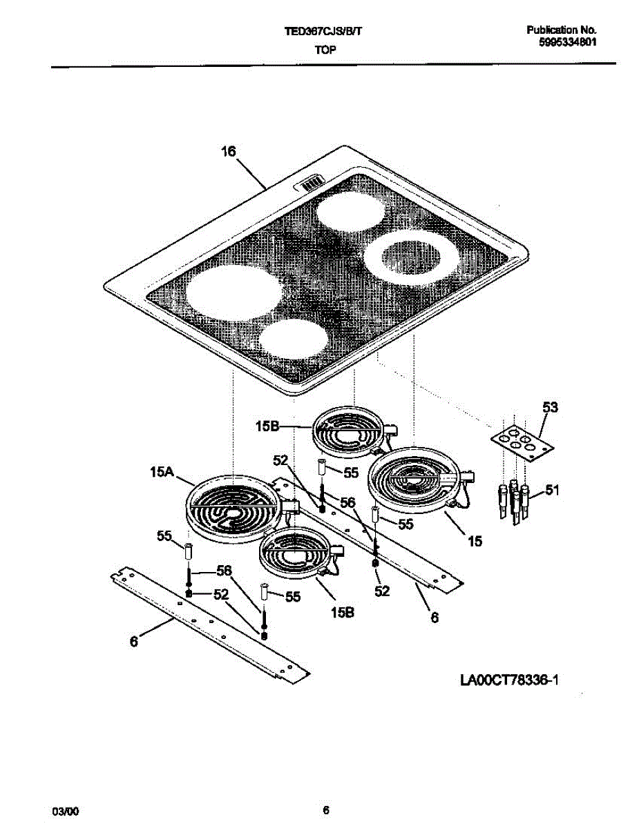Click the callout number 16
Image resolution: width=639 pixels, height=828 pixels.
pyautogui.click(x=228, y=152)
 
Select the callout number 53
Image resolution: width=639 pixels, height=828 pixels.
pyautogui.click(x=549, y=408)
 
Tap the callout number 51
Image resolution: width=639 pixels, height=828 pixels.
pyautogui.click(x=552, y=491)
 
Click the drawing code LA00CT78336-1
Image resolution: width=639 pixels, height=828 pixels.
pyautogui.click(x=508, y=681)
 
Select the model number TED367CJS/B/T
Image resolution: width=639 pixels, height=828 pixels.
pyautogui.click(x=322, y=31)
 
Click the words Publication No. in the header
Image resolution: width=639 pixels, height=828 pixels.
pyautogui.click(x=561, y=30)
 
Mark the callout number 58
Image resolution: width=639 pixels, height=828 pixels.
pyautogui.click(x=222, y=571)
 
